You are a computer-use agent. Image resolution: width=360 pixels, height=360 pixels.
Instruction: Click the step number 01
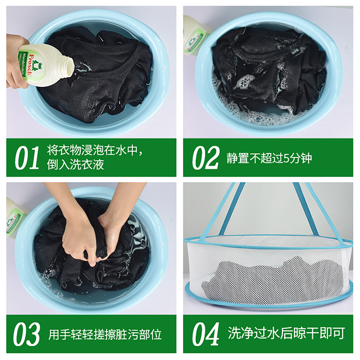27,158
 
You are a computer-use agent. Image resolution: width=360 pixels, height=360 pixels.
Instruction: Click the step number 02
206,158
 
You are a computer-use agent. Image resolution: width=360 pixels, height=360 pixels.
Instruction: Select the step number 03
27,334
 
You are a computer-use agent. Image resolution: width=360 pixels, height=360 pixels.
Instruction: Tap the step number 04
206,333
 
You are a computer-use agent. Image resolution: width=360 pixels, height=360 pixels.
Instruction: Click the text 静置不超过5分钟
269,158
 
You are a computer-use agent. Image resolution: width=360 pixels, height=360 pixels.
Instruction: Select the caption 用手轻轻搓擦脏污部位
105,334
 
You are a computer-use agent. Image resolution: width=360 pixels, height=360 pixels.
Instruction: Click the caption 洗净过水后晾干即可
286,333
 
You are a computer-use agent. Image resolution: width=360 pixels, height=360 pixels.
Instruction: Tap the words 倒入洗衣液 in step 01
76,165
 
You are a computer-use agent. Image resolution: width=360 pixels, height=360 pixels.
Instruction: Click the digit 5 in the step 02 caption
286,158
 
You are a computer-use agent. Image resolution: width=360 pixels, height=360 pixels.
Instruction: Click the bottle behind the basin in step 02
196,35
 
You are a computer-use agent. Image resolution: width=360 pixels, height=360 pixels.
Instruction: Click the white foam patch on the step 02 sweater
244,81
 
